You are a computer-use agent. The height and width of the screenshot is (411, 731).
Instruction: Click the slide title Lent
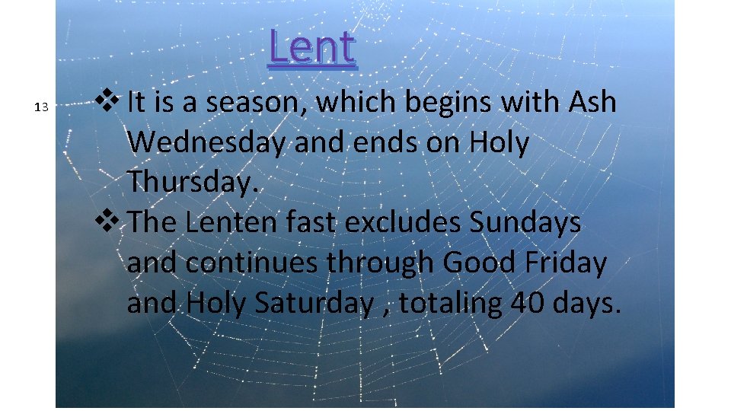pyautogui.click(x=312, y=47)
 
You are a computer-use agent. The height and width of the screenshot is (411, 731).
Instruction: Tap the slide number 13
pyautogui.click(x=42, y=106)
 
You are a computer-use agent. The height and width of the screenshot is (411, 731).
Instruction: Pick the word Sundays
pyautogui.click(x=525, y=223)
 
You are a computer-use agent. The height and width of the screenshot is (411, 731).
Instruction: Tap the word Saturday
pyautogui.click(x=313, y=304)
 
